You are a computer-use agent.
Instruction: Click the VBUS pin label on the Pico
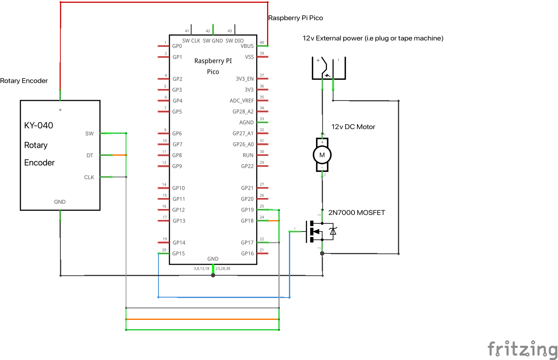click(247, 46)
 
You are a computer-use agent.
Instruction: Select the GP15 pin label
click(178, 253)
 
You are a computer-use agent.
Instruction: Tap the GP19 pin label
click(247, 210)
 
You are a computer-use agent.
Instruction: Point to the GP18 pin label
click(247, 221)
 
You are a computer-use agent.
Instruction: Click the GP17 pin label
click(247, 243)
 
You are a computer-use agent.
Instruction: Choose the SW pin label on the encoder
click(89, 133)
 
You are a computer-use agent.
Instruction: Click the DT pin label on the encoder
click(90, 155)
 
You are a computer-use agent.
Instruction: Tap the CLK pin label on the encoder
click(89, 177)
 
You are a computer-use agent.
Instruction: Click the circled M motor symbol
click(322, 155)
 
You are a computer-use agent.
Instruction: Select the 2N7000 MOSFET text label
click(357, 212)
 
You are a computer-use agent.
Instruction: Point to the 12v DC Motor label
click(353, 127)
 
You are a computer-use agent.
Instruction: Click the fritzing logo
click(522, 349)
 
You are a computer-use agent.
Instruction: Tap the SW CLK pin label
click(191, 41)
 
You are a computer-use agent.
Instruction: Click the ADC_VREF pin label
click(242, 101)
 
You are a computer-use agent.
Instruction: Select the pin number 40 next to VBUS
click(262, 43)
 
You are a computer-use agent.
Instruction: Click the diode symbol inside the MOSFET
click(333, 231)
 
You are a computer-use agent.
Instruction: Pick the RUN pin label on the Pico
click(248, 155)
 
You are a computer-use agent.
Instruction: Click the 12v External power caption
click(373, 38)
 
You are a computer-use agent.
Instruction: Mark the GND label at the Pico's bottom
click(213, 259)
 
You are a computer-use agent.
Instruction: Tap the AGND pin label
click(246, 122)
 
